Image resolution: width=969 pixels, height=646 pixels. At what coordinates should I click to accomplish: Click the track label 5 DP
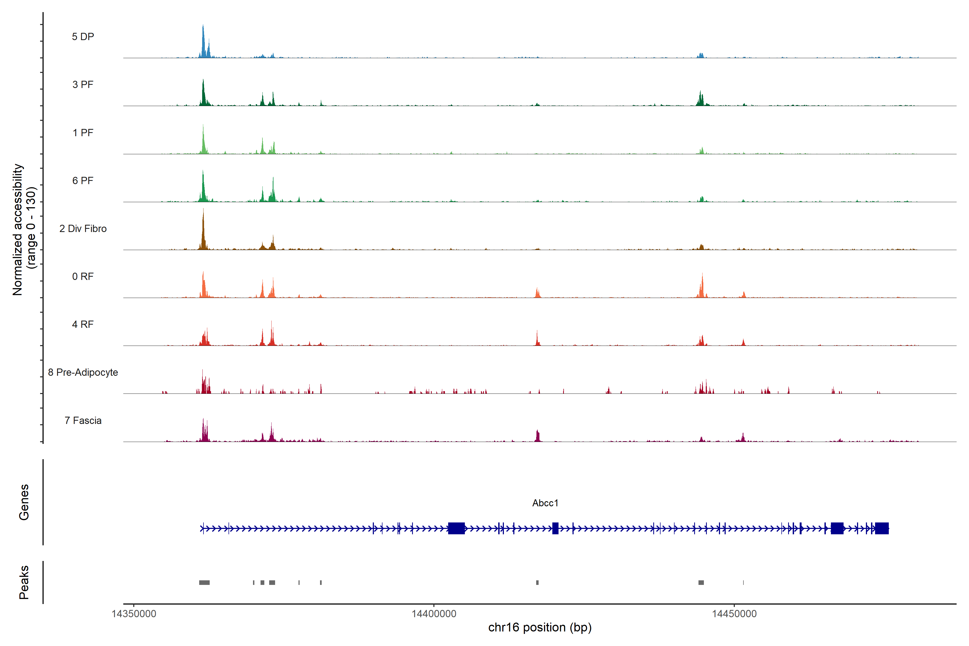pyautogui.click(x=83, y=37)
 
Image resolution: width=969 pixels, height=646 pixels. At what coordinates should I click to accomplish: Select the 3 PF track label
pyautogui.click(x=83, y=85)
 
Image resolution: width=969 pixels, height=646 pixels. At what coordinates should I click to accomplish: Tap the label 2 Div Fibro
pyautogui.click(x=83, y=229)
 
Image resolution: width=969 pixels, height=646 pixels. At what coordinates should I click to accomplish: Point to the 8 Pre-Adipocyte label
pyautogui.click(x=83, y=373)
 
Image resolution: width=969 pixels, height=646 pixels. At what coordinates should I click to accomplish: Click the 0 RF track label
pyautogui.click(x=83, y=276)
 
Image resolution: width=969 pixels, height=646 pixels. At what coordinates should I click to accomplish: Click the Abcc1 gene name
pyautogui.click(x=545, y=503)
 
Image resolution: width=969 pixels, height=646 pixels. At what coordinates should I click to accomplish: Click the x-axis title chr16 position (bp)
pyautogui.click(x=540, y=627)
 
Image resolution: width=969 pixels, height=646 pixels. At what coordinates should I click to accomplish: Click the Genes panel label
pyautogui.click(x=24, y=502)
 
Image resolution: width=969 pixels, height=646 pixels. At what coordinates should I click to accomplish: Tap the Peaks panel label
pyautogui.click(x=24, y=582)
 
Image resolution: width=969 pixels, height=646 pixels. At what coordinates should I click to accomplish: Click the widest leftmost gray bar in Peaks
pyautogui.click(x=204, y=582)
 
